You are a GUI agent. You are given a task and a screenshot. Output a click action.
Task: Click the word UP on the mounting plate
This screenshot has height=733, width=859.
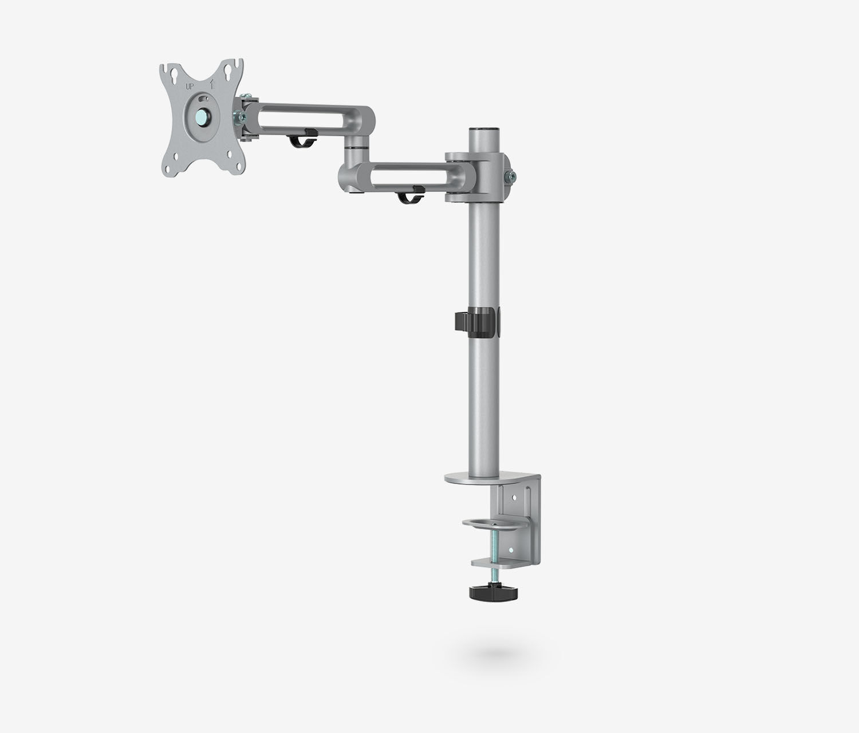(189, 87)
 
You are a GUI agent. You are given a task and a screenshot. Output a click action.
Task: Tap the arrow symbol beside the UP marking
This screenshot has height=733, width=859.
(211, 84)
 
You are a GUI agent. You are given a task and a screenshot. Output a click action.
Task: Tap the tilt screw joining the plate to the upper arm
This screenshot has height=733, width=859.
(238, 117)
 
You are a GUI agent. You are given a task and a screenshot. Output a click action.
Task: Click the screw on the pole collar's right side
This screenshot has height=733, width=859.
(509, 177)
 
